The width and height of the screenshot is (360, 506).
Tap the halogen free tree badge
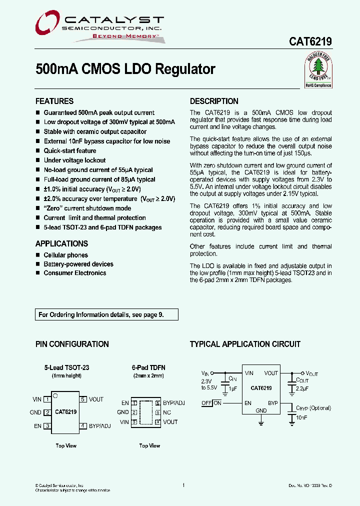click(318, 71)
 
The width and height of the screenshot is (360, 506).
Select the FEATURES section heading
click(54, 101)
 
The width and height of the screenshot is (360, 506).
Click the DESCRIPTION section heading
click(214, 101)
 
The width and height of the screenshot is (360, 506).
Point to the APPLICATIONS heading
click(61, 243)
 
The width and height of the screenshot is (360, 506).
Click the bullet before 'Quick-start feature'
click(38, 151)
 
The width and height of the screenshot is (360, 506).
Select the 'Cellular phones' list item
click(65, 255)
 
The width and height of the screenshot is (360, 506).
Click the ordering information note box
click(106, 315)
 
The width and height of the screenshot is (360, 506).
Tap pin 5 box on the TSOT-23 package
click(83, 399)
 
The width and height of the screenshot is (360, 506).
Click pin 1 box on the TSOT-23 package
click(47, 399)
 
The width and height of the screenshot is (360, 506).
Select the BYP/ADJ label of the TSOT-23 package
click(100, 426)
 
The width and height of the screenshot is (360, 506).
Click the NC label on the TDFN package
click(167, 412)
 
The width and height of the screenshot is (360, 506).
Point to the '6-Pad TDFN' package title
click(148, 367)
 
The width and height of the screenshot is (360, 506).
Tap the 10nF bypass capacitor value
click(301, 417)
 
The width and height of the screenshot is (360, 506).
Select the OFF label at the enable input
click(206, 403)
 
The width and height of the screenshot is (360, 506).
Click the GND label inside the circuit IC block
click(261, 410)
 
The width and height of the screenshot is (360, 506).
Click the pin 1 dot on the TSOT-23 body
click(55, 395)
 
